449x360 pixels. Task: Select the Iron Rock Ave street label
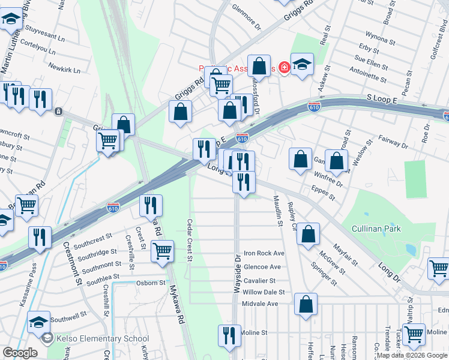point(264,254)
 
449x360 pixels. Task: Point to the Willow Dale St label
point(264,292)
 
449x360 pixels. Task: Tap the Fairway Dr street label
point(394,142)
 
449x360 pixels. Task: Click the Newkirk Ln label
point(64,70)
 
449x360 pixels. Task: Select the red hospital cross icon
point(283,68)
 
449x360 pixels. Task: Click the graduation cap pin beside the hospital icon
point(303,64)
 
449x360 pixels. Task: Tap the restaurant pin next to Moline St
point(229,335)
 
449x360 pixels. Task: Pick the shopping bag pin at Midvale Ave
point(306,304)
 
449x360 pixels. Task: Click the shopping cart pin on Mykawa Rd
point(162,251)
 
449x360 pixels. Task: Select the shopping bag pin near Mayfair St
point(308,235)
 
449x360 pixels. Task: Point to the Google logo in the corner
point(20,353)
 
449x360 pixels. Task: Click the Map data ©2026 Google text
point(412,355)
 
